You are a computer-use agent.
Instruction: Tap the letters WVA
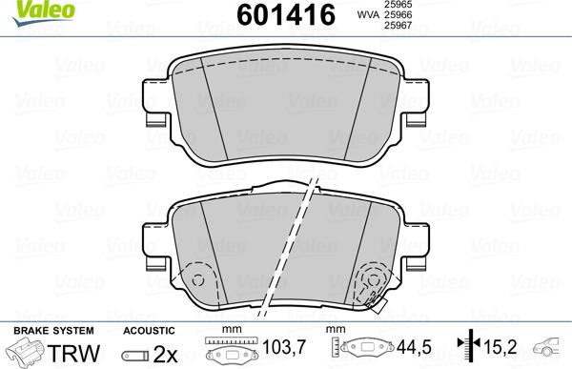tap(369, 16)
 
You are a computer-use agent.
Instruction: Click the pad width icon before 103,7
tap(229, 349)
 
